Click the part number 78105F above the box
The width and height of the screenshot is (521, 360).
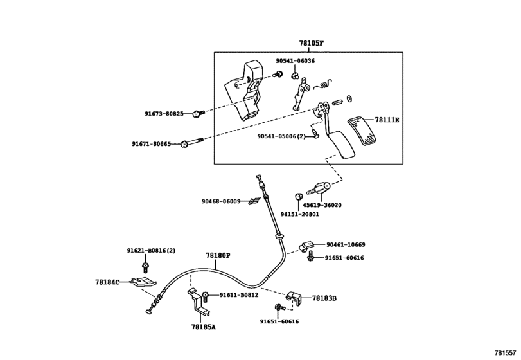pos(311,43)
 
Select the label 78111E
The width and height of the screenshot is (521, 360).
pos(387,120)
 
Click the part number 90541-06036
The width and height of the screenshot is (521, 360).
pos(296,61)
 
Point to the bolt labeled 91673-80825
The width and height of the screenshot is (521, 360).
pos(199,114)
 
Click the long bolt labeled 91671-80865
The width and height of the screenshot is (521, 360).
pos(191,143)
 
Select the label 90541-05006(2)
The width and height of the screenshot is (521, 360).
pos(281,136)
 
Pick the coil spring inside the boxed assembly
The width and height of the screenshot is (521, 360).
pos(324,84)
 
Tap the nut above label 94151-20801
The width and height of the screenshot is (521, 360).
pos(298,196)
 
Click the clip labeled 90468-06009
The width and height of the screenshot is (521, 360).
pos(253,201)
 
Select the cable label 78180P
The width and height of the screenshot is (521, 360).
pos(218,255)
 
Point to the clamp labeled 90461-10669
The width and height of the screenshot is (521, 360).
pos(306,246)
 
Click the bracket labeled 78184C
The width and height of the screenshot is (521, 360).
pos(143,283)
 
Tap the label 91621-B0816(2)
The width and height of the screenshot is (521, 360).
pos(151,250)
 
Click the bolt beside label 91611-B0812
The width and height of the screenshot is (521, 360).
pos(205,296)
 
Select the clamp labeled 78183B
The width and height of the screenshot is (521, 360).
pos(294,297)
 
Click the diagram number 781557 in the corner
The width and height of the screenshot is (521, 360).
pos(506,353)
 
